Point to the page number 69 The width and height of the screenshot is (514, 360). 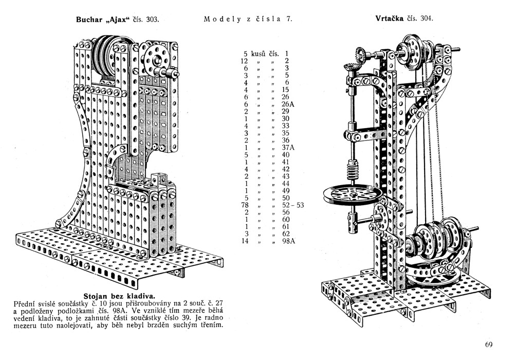tap(489, 345)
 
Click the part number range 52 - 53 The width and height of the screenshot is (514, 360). tap(293, 205)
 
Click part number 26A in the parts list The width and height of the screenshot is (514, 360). tap(289, 104)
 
